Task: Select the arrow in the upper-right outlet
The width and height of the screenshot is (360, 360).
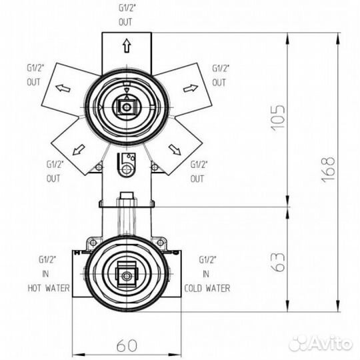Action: [x=189, y=88]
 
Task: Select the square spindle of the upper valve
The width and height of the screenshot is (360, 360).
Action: [x=125, y=106]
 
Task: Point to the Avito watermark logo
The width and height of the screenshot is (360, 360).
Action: [x=321, y=343]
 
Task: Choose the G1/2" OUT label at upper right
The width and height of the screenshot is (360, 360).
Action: [x=221, y=75]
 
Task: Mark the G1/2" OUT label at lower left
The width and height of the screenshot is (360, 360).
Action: [x=54, y=171]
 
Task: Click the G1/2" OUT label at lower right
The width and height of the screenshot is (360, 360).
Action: [x=198, y=171]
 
